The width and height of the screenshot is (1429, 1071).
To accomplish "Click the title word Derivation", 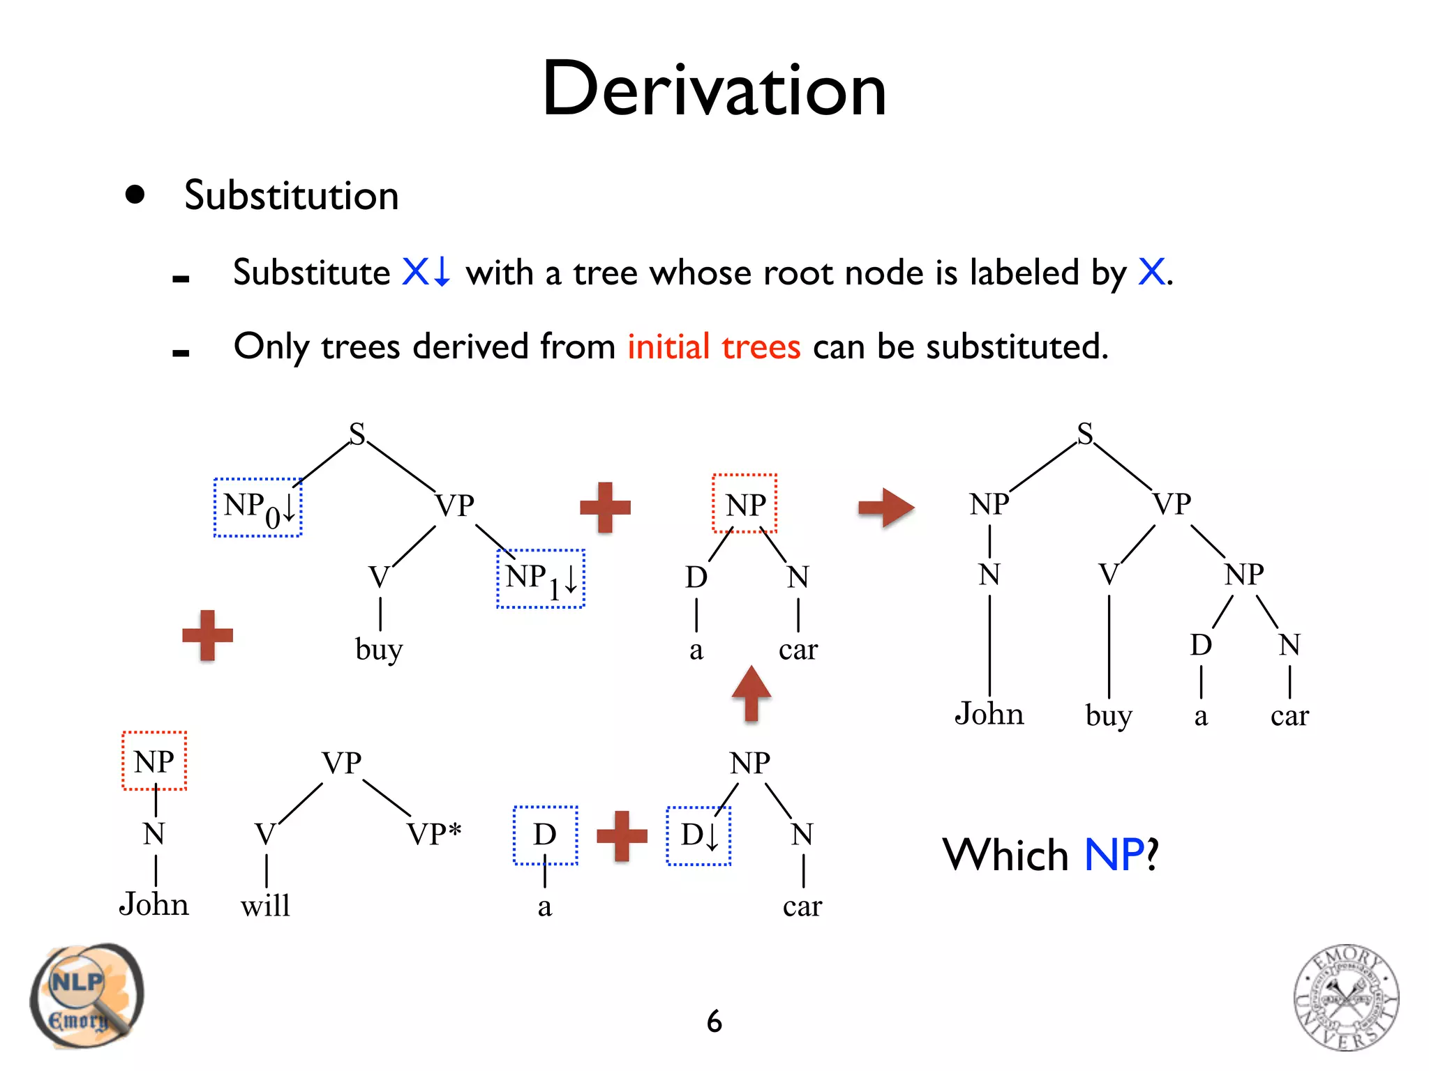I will [714, 89].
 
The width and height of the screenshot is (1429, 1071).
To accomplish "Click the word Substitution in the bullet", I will [291, 195].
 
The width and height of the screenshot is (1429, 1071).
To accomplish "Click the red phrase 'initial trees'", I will [713, 347].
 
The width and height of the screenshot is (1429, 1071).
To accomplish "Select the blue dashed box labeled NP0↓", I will [257, 508].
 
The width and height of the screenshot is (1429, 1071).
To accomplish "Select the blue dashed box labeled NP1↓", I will [540, 579].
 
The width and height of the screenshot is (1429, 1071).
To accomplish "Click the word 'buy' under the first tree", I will [378, 649].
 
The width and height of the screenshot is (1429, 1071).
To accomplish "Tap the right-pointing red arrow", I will [885, 507].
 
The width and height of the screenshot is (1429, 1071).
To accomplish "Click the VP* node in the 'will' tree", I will [433, 834].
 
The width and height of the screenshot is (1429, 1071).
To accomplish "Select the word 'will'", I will [265, 906].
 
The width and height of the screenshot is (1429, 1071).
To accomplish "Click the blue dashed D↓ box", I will [698, 835].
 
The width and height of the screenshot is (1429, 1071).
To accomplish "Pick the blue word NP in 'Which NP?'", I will [1114, 855].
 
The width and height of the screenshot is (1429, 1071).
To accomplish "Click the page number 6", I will [714, 1022].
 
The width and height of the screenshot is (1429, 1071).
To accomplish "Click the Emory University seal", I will [1346, 997].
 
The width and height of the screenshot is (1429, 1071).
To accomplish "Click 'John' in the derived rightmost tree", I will [989, 714].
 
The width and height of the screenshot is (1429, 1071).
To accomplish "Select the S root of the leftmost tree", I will [357, 434].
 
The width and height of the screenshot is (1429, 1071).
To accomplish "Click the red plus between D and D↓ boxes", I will [622, 835].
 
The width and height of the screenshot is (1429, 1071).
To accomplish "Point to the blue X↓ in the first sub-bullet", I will [426, 272].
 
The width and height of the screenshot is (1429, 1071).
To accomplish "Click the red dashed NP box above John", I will [154, 761].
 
